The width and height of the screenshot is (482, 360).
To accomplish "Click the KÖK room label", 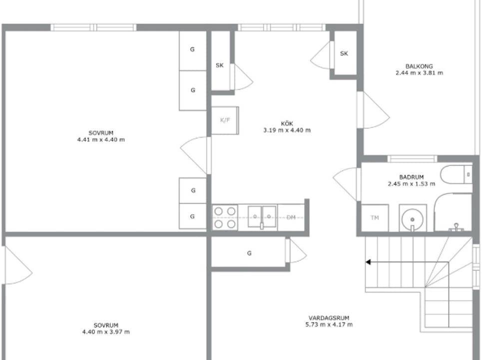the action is pos(287,123).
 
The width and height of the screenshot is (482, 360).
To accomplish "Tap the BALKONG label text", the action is pos(419,66).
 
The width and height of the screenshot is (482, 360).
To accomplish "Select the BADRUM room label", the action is pos(411,177).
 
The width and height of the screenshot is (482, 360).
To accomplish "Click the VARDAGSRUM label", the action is pos(329,318).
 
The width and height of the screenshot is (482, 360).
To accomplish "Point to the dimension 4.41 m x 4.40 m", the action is pos(101,139).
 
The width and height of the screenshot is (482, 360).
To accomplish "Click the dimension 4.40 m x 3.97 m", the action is pos(106,332).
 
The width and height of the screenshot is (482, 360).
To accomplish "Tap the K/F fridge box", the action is pos(225,120).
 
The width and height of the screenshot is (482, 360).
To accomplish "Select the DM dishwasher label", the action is pos(291,217).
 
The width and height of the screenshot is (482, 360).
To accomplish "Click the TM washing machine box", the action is pos(375,218).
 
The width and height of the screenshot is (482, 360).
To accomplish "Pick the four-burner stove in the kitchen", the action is pos(225,217).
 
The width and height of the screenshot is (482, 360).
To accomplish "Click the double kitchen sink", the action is pos(262,217).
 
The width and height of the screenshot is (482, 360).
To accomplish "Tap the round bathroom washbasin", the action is pos(413,219).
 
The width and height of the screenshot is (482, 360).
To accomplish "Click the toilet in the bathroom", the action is pos(456,175).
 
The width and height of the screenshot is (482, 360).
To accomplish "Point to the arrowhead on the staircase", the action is pos(368,262).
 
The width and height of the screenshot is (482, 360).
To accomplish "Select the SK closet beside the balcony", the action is pos(344,53).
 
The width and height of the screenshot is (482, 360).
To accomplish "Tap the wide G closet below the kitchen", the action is pos(249,253).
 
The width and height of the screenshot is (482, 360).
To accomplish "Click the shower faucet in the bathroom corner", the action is pos(456,227).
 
